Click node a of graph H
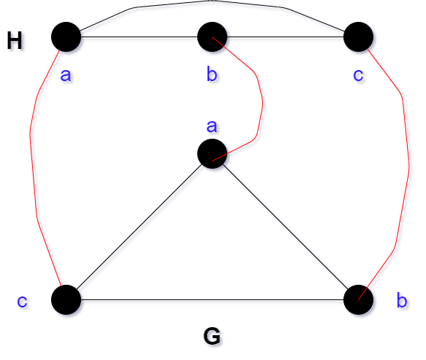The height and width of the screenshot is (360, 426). tap(66, 37)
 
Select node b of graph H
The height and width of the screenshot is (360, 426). tap(212, 37)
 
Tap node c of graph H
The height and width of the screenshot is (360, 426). tap(358, 37)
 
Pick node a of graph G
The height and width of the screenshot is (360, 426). tap(212, 153)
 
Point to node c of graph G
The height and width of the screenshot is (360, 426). tap(66, 299)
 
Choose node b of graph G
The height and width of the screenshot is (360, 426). tap(358, 299)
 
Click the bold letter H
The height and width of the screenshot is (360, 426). tap(14, 40)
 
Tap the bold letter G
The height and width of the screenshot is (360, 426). tap(212, 336)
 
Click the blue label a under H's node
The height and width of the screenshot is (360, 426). tap(66, 75)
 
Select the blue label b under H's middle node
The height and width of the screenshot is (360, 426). tap(212, 74)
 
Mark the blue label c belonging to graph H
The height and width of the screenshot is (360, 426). tap(358, 75)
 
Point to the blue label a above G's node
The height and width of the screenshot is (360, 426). tap(212, 126)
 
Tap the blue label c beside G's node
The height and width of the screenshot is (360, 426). tap(22, 301)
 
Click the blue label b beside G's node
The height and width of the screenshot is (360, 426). tap(402, 300)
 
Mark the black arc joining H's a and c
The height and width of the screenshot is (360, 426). tap(212, 1)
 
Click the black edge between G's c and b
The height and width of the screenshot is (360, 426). tap(212, 299)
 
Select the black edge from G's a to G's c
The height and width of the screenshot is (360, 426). tap(139, 226)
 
